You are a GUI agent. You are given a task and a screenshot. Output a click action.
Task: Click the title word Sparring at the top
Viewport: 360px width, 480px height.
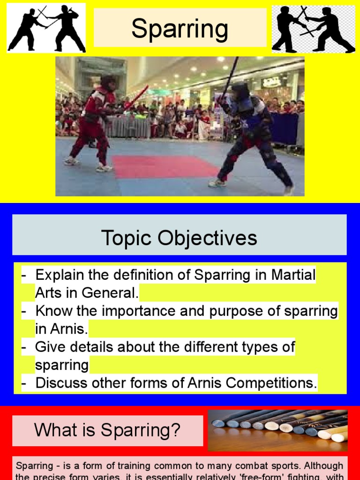[x=180, y=29]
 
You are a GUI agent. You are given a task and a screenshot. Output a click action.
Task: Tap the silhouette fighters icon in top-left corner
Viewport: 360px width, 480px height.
[x=46, y=28]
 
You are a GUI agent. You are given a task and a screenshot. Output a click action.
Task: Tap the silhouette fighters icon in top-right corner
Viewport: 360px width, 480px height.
[x=313, y=29]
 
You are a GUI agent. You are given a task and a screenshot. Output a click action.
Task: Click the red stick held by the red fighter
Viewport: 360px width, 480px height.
[x=136, y=98]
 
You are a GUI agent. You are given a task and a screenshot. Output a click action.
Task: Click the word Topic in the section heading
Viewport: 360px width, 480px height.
[x=126, y=238]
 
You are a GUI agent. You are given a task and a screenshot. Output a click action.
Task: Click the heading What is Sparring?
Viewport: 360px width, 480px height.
[x=107, y=430]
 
